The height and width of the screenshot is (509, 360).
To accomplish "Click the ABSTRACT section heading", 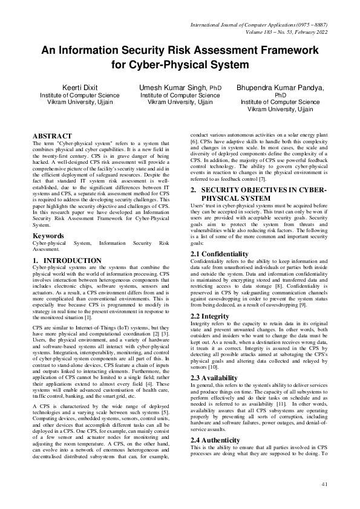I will [52, 136].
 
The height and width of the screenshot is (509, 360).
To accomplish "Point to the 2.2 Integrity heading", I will [210, 316].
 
